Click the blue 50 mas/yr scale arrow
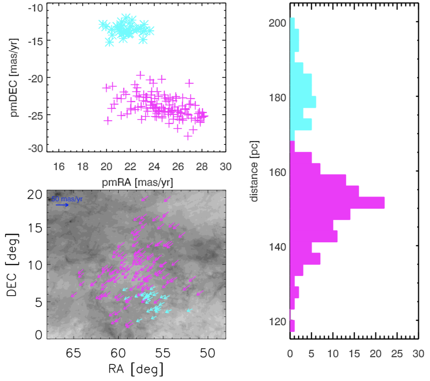pos(62,205)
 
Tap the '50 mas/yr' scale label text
pos(67,199)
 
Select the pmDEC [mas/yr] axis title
pos(15,77)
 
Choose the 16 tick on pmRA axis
pos(59,166)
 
